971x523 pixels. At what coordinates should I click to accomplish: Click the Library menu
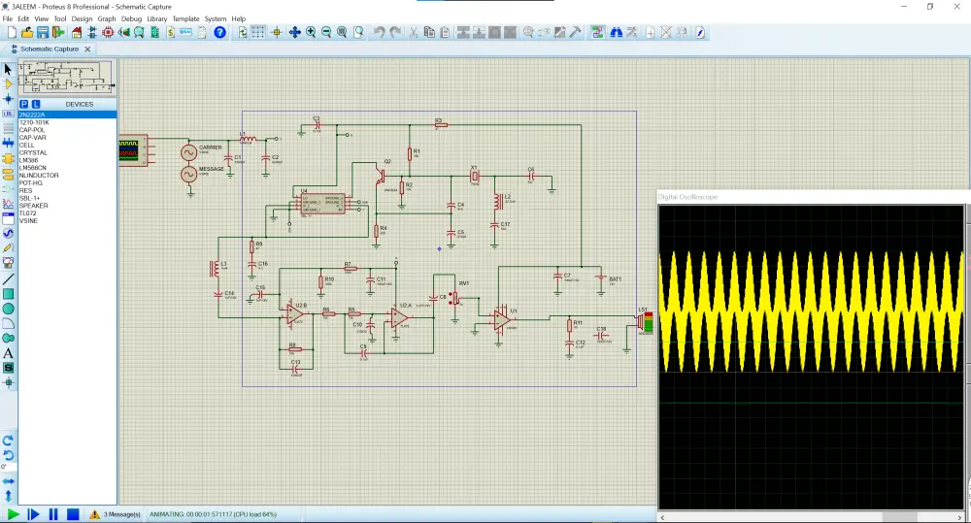pyautogui.click(x=155, y=18)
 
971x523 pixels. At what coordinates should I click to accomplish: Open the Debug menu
pyautogui.click(x=131, y=18)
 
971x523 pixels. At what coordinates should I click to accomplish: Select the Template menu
pyautogui.click(x=185, y=18)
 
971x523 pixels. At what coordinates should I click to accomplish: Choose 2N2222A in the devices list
pyautogui.click(x=32, y=114)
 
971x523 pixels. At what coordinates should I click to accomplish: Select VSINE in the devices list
pyautogui.click(x=28, y=220)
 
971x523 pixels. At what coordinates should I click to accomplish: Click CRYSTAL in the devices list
pyautogui.click(x=33, y=152)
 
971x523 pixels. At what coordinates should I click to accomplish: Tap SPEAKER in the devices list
pyautogui.click(x=33, y=206)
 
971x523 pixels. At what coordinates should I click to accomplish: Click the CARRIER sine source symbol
pyautogui.click(x=189, y=153)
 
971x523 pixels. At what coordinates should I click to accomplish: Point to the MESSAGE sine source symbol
pyautogui.click(x=189, y=175)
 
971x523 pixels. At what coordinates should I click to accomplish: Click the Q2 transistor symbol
pyautogui.click(x=383, y=176)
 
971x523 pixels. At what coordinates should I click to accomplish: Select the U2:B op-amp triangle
pyautogui.click(x=294, y=312)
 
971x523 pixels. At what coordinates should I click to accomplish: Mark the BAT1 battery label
pyautogui.click(x=615, y=279)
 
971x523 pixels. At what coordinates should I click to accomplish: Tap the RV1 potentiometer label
pyautogui.click(x=464, y=283)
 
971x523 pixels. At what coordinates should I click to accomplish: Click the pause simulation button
pyautogui.click(x=52, y=514)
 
